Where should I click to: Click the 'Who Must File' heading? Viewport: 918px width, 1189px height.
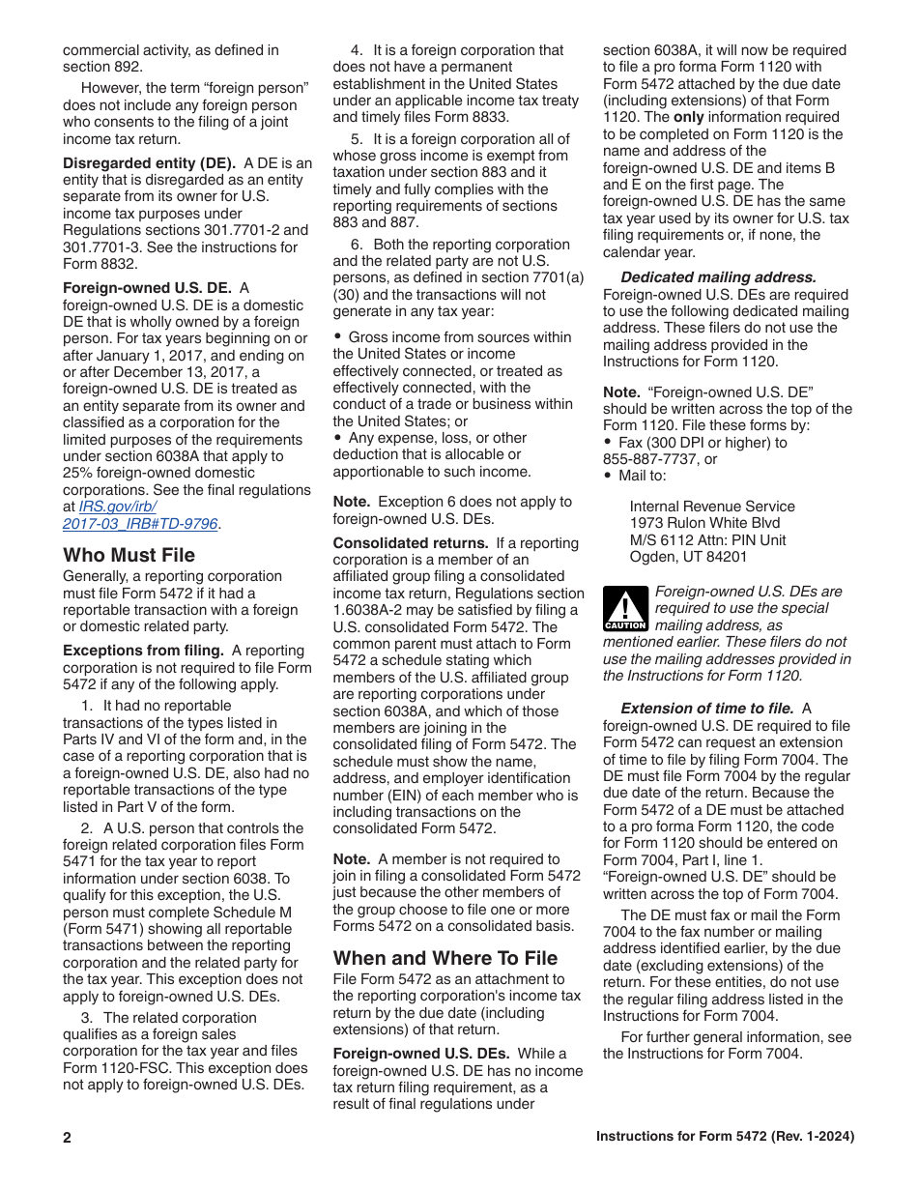[x=129, y=555]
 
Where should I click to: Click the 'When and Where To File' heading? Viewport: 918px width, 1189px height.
[x=445, y=958]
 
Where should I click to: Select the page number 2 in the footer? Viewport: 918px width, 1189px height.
[x=68, y=1138]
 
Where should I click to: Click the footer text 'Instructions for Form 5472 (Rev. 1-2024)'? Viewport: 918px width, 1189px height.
[x=725, y=1137]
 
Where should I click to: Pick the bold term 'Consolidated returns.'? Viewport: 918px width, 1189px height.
[x=411, y=543]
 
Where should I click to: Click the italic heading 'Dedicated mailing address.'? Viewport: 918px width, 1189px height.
[x=718, y=277]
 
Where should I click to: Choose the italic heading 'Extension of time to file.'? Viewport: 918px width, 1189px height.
[x=707, y=709]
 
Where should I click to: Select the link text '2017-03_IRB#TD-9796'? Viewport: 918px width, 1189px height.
[x=141, y=523]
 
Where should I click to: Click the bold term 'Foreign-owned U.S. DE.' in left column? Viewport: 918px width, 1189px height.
[x=147, y=288]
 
